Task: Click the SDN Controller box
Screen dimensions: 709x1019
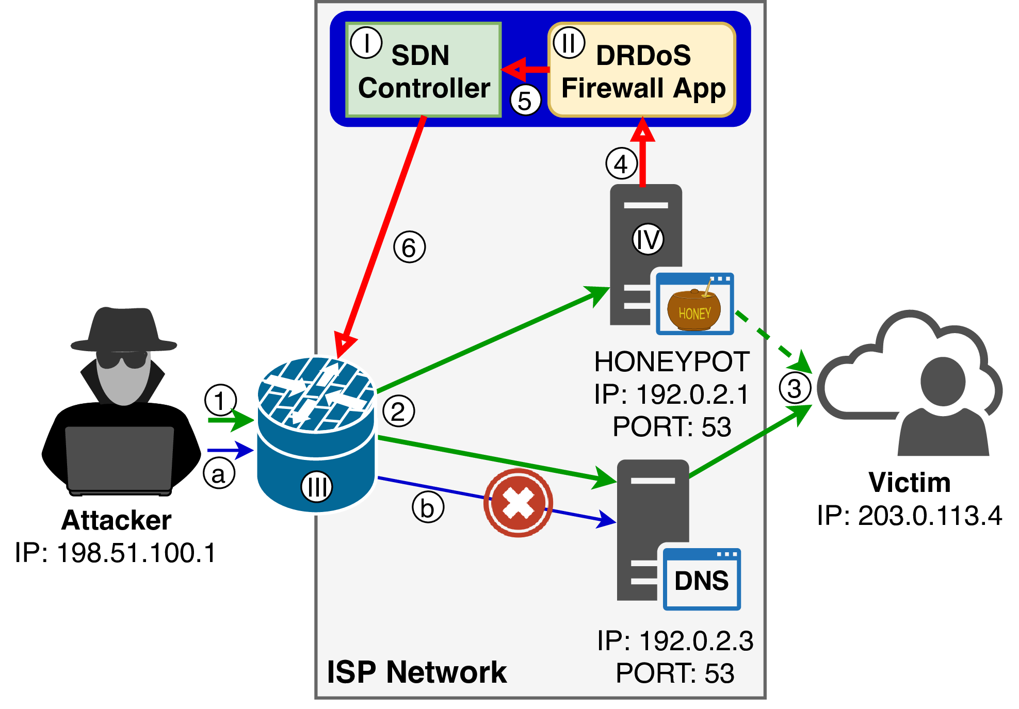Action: pyautogui.click(x=423, y=70)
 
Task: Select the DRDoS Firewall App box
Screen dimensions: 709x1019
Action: pyautogui.click(x=642, y=70)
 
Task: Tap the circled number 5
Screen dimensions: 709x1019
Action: pyautogui.click(x=525, y=101)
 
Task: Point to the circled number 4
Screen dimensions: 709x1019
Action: pyautogui.click(x=621, y=163)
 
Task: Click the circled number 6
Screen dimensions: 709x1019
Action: pyautogui.click(x=409, y=248)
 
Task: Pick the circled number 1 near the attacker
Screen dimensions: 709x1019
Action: pyautogui.click(x=220, y=400)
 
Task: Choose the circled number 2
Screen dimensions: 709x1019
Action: pyautogui.click(x=398, y=411)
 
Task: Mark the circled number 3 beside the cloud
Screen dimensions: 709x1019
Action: pyautogui.click(x=795, y=388)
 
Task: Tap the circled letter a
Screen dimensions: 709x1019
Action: pyautogui.click(x=219, y=473)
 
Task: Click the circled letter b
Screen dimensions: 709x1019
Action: pyautogui.click(x=428, y=507)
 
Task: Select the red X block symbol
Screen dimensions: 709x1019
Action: pyautogui.click(x=518, y=503)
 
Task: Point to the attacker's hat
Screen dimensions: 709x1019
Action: pyautogui.click(x=124, y=330)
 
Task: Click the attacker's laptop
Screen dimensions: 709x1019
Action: pyautogui.click(x=120, y=459)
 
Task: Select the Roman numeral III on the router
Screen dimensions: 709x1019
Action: pyautogui.click(x=316, y=486)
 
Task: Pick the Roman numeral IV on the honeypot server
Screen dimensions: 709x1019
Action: pyautogui.click(x=648, y=239)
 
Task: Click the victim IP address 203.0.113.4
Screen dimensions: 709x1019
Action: pyautogui.click(x=909, y=516)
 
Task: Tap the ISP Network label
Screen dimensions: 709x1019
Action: pyautogui.click(x=417, y=672)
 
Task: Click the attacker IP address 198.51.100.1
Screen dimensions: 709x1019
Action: pyautogui.click(x=116, y=553)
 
